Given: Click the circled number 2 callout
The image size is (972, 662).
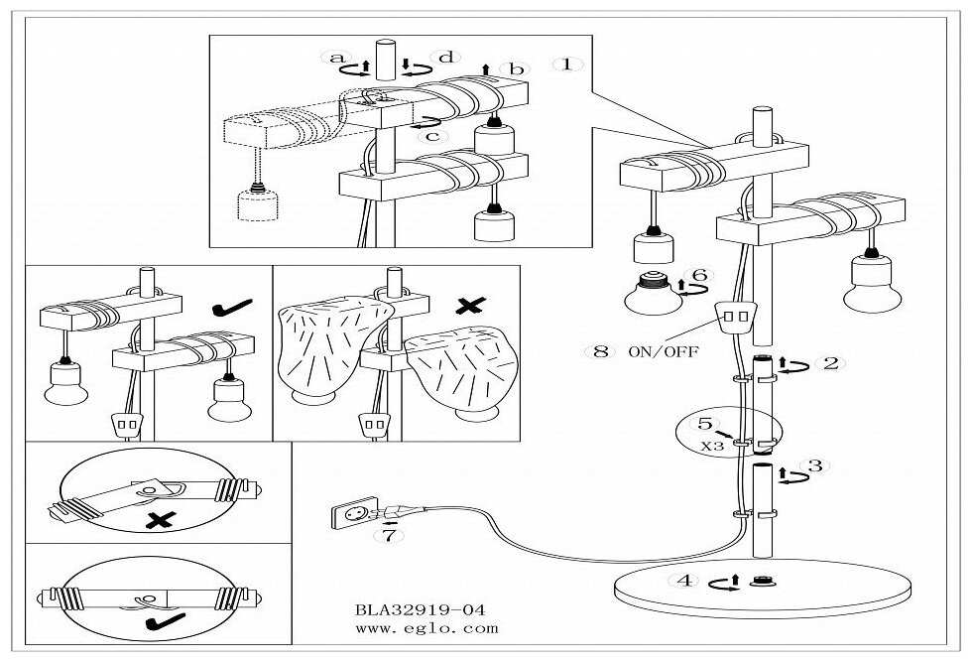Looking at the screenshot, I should (x=831, y=363).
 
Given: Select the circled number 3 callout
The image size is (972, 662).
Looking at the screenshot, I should (x=814, y=464).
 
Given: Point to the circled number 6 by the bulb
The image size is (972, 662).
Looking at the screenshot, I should (x=698, y=275).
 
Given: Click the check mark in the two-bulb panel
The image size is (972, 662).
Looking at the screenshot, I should (x=222, y=313).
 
